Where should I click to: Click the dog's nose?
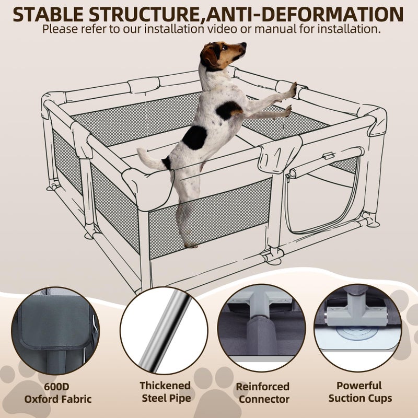click(243, 44)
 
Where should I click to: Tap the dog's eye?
click(224, 47)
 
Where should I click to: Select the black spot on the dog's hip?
click(194, 137)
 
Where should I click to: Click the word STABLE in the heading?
click(48, 15)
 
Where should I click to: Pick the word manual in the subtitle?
click(275, 29)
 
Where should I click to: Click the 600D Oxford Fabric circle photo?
click(55, 331)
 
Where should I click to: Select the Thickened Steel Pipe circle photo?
click(164, 331)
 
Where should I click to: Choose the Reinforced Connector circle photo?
click(262, 328)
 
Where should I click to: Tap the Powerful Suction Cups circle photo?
click(358, 328)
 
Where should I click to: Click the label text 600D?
click(56, 386)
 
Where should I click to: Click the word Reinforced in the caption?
click(263, 387)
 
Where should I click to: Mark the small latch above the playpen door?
click(328, 156)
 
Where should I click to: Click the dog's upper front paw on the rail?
click(293, 89)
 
